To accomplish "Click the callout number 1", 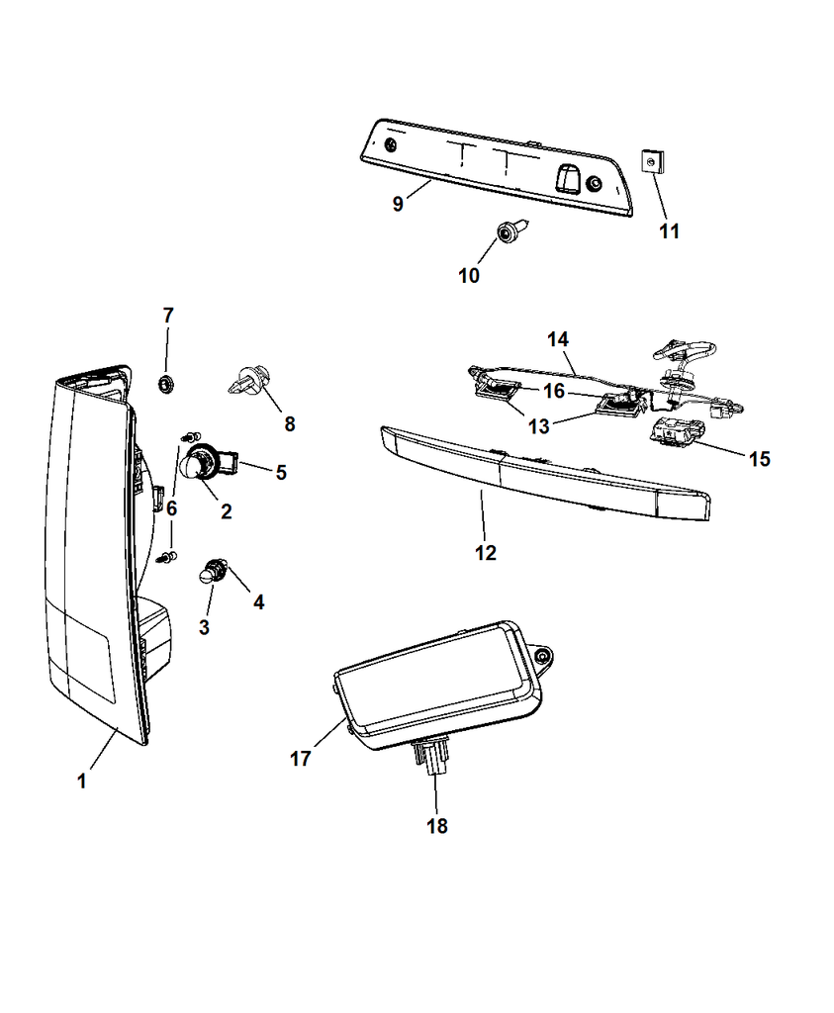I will (81, 782).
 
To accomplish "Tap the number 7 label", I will (167, 316).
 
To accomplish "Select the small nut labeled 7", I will (166, 382).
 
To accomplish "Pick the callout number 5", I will (281, 473).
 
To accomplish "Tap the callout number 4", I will (258, 600).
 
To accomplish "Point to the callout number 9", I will (397, 205).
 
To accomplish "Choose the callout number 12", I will (485, 553).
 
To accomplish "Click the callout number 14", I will (558, 339).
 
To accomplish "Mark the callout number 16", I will (553, 392).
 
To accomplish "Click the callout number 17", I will (300, 759).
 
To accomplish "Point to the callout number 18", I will (436, 825).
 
